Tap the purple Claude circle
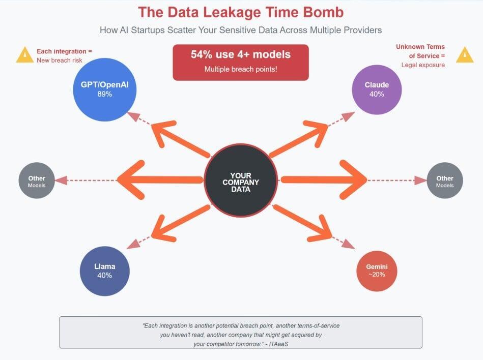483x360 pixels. point(377,89)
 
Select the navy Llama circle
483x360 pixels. point(105,271)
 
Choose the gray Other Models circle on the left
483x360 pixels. point(37,181)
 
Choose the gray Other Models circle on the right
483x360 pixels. point(444,181)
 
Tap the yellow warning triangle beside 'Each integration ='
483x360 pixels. point(24,55)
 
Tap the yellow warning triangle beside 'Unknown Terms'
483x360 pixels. point(464,55)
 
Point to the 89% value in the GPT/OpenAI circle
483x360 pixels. point(104,95)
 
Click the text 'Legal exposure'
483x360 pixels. point(423,65)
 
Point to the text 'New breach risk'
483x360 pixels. point(60,60)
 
